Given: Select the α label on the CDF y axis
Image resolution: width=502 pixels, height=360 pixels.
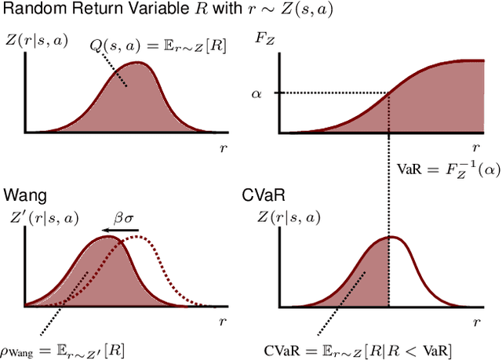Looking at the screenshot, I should click(256, 94).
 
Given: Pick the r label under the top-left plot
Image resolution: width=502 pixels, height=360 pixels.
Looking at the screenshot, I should click(218, 146).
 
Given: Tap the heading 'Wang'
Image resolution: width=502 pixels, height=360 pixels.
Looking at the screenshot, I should click(23, 192).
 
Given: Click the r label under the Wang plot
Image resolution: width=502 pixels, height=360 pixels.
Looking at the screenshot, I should click(218, 322).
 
